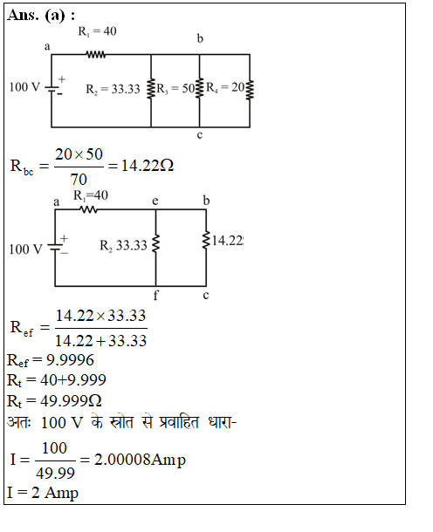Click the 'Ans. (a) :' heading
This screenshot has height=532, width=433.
tap(41, 16)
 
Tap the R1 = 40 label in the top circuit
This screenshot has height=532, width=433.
tap(98, 31)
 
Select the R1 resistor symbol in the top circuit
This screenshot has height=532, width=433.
tap(96, 54)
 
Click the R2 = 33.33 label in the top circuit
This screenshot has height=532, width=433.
tap(113, 89)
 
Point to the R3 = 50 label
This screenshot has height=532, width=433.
tap(175, 88)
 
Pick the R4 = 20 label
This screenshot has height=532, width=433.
tap(225, 87)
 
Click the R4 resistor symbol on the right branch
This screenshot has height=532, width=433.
tap(250, 90)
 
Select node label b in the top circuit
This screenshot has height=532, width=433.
tap(200, 38)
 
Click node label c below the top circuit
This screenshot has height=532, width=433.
tap(200, 135)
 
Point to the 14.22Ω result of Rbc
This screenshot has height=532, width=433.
tap(148, 166)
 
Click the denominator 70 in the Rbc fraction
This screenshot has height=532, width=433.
tap(79, 179)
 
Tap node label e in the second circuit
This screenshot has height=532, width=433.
tap(155, 201)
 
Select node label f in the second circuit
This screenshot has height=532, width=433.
tap(155, 295)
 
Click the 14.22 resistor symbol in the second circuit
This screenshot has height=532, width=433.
tap(206, 240)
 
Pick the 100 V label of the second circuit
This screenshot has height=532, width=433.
tap(26, 249)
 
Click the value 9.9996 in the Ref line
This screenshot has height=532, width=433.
tap(70, 360)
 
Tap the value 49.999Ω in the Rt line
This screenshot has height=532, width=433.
tap(71, 401)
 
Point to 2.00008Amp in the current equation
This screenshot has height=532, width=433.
tap(140, 460)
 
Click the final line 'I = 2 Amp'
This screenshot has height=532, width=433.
tap(43, 493)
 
